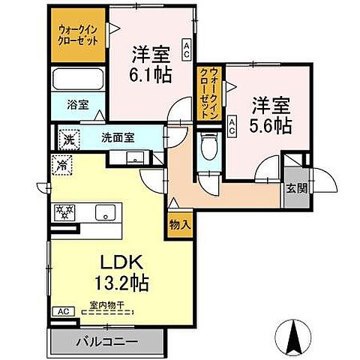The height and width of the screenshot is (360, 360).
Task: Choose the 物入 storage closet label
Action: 180,223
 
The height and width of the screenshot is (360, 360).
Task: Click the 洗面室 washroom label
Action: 118,137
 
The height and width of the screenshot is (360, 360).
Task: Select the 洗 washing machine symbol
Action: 68,138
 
